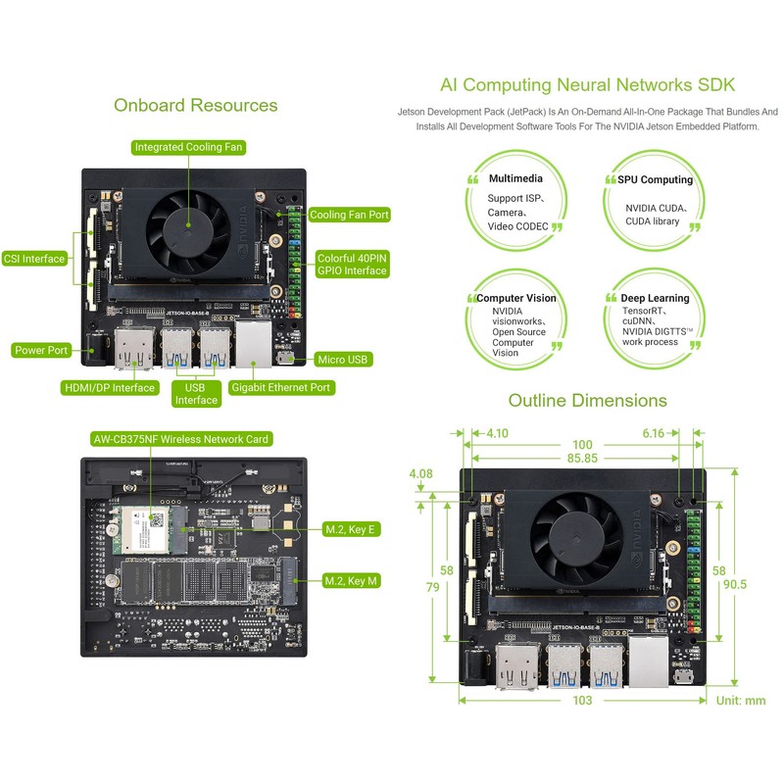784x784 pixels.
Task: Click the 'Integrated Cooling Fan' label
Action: pos(189,147)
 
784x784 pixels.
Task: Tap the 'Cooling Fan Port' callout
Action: pos(349,215)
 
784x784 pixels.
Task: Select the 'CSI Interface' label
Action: pos(34,259)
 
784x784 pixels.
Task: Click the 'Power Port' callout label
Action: pos(41,350)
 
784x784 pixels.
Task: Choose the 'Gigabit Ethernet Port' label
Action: pos(281,388)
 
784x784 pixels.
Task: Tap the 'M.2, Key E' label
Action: pos(351,529)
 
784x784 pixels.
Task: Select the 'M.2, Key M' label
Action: pos(351,581)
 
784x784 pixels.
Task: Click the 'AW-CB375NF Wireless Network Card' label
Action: pos(179,439)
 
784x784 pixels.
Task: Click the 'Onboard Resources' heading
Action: pos(195,105)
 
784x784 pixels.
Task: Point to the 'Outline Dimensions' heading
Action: pos(587,400)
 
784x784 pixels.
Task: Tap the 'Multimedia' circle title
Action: pos(515,179)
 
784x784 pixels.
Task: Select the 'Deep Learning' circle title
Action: pos(655,297)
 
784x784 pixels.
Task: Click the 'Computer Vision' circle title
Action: pos(515,297)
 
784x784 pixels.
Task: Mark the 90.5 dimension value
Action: pos(734,584)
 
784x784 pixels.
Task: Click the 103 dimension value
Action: pos(583,701)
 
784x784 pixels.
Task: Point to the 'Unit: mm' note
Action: pos(740,701)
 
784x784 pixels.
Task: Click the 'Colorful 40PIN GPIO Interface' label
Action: pos(352,264)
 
